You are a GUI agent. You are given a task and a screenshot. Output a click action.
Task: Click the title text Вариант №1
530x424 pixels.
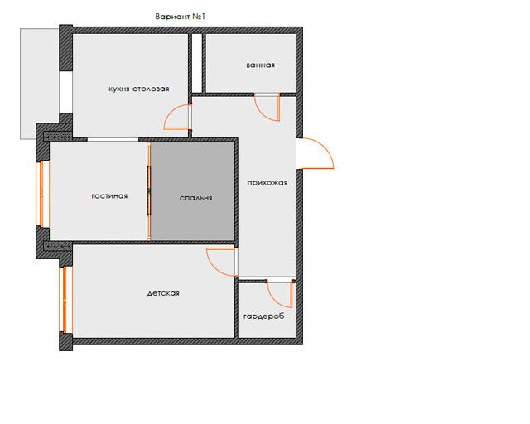click(181, 17)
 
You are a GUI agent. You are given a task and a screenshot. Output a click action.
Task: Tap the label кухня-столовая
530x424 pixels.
click(139, 89)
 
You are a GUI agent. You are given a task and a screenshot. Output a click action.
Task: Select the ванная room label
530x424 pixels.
click(260, 65)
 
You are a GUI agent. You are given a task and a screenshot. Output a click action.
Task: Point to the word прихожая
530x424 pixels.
click(267, 183)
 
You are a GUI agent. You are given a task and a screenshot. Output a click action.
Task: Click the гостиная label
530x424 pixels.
click(109, 196)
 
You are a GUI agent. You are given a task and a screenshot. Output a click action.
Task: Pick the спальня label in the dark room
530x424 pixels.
click(196, 198)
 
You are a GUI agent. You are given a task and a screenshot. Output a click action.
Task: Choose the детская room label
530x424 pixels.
click(163, 293)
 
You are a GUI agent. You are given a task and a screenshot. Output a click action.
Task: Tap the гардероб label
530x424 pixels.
click(264, 316)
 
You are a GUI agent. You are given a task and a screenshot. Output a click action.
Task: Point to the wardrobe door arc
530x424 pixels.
click(274, 300)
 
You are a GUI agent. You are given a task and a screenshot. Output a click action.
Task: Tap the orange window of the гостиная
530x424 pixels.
click(42, 194)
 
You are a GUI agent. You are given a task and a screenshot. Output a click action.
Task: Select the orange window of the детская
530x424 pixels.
click(65, 299)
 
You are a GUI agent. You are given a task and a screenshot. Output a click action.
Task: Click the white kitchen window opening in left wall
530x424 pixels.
click(65, 92)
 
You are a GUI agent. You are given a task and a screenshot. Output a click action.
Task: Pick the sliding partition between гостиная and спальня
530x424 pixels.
click(149, 191)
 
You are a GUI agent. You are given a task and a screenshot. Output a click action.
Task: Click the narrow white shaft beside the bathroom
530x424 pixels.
click(197, 63)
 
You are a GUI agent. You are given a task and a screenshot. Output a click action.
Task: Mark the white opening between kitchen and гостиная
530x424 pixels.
click(113, 139)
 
